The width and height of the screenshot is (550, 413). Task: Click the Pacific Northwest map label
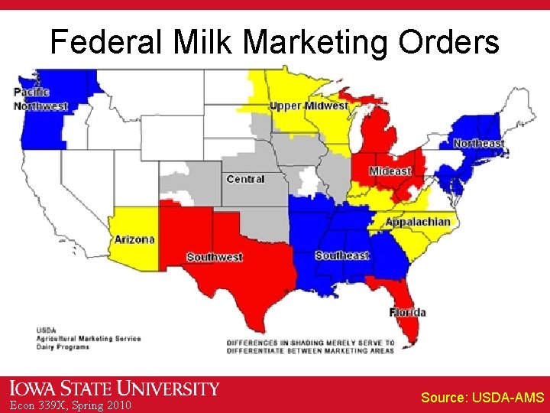tap(40, 99)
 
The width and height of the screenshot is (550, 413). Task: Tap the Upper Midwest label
tap(309, 106)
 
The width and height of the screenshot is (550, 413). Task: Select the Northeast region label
tap(478, 143)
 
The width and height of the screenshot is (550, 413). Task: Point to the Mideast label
tap(390, 171)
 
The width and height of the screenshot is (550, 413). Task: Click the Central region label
tap(245, 179)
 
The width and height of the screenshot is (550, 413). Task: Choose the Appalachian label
tap(418, 222)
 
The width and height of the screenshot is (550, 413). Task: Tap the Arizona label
tap(134, 239)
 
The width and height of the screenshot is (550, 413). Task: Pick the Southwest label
tap(214, 257)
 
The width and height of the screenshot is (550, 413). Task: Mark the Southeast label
tap(341, 255)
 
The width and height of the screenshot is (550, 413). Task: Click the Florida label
tap(407, 312)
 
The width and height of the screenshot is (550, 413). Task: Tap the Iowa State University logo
tap(115, 389)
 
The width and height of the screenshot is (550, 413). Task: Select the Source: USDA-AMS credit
tap(482, 398)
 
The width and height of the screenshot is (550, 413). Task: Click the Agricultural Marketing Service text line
tap(89, 338)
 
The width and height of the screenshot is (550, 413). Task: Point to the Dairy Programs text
tap(63, 346)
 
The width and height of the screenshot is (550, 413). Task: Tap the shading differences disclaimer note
tap(310, 346)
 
